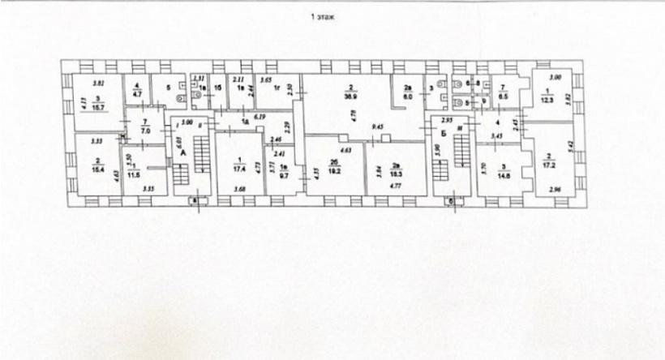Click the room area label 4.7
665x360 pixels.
(x=137, y=94)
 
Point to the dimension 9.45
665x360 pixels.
(x=377, y=126)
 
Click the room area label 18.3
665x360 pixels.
(x=395, y=174)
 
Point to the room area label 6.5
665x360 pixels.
(x=502, y=95)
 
